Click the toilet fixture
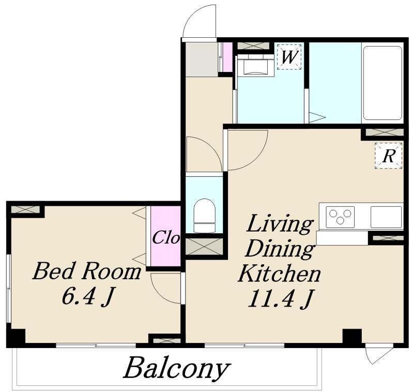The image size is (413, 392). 204,216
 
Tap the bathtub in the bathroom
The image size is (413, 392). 383,83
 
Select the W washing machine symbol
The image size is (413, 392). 289,57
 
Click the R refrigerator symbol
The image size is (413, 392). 389,156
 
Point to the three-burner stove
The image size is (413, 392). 340,217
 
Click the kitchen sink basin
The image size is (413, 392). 386,217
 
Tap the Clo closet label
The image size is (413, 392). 166,237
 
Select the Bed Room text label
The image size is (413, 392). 87,271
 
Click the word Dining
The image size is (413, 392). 280,249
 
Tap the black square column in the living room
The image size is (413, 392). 352,336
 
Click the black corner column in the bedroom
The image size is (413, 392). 16,337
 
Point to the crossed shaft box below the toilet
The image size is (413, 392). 204,247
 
